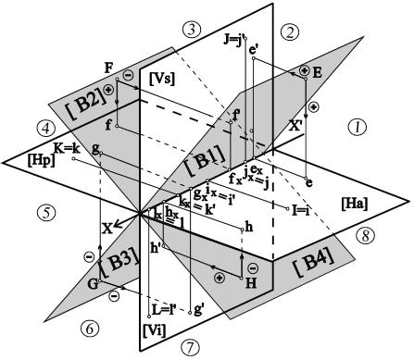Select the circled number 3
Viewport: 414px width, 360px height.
coord(193,29)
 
